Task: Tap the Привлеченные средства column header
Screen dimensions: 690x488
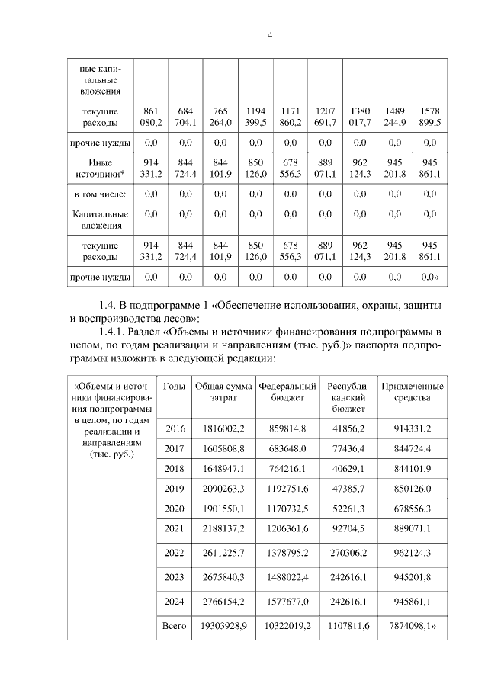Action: pos(412,392)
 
